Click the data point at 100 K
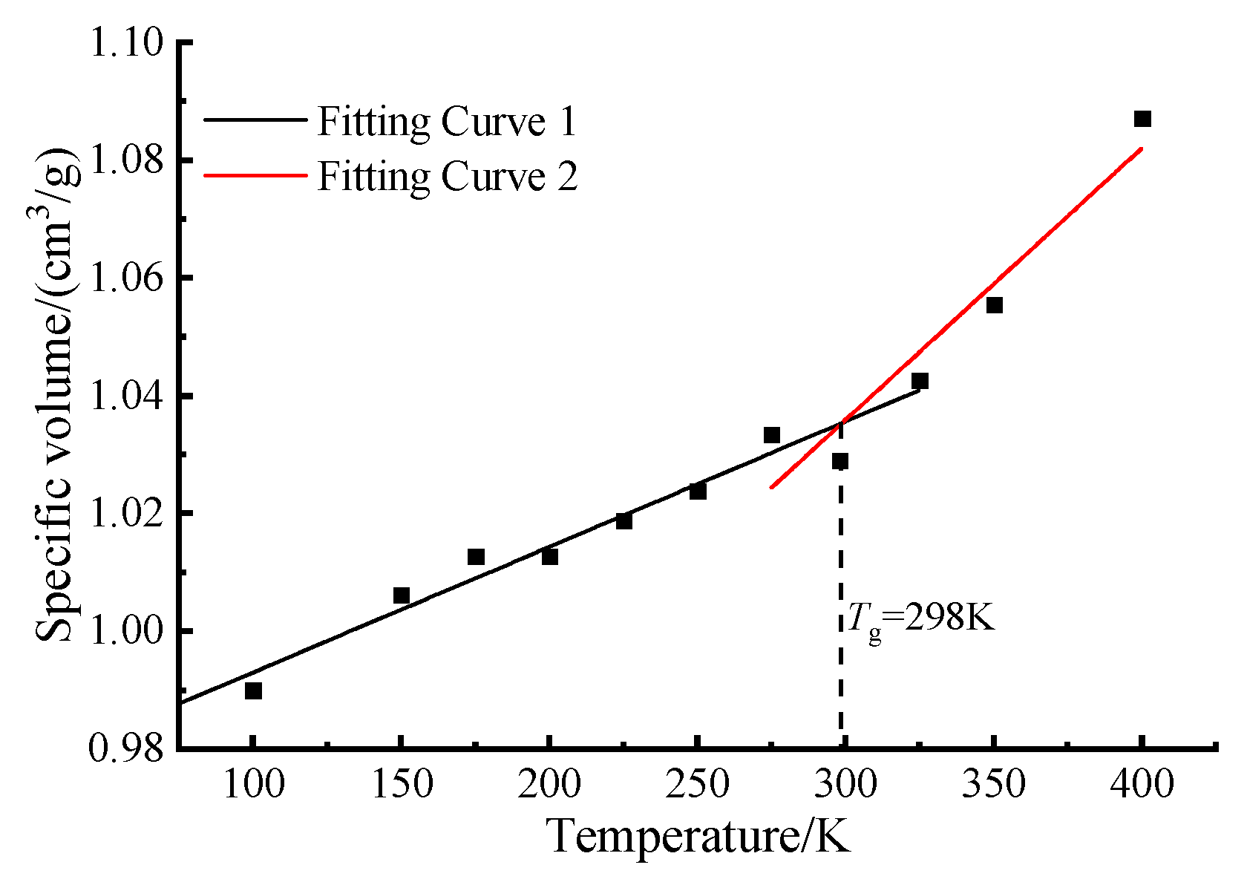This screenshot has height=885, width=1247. click(253, 691)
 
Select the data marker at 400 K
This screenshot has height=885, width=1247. click(1142, 119)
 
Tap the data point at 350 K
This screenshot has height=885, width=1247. click(994, 305)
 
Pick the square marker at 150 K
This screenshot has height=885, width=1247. click(402, 595)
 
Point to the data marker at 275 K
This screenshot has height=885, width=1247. click(772, 435)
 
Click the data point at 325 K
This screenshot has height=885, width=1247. click(920, 382)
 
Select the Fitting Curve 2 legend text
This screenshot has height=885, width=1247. click(447, 177)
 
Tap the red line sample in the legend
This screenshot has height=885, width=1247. click(255, 176)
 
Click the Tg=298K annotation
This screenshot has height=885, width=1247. click(920, 618)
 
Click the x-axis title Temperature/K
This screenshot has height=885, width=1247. click(698, 837)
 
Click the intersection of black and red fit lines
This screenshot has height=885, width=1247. click(841, 423)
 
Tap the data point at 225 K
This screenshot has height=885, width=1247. click(623, 521)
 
